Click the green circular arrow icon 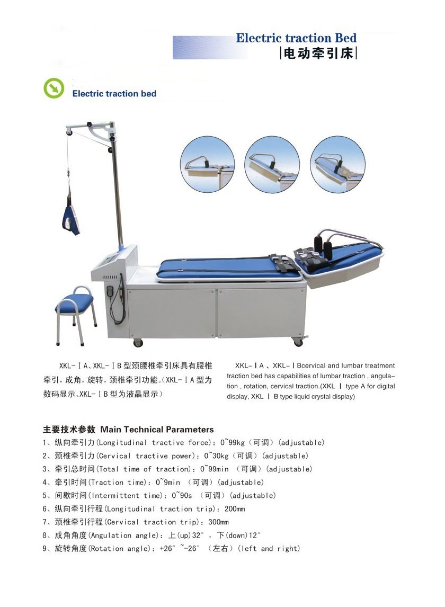click(54, 88)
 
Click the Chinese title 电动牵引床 click(318, 53)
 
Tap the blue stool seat click(74, 303)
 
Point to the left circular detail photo click(207, 163)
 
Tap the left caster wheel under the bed click(138, 343)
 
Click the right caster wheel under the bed click(298, 343)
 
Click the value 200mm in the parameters click(234, 509)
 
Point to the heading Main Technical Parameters click(157, 430)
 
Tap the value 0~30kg click(217, 456)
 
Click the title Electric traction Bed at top click(296, 38)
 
